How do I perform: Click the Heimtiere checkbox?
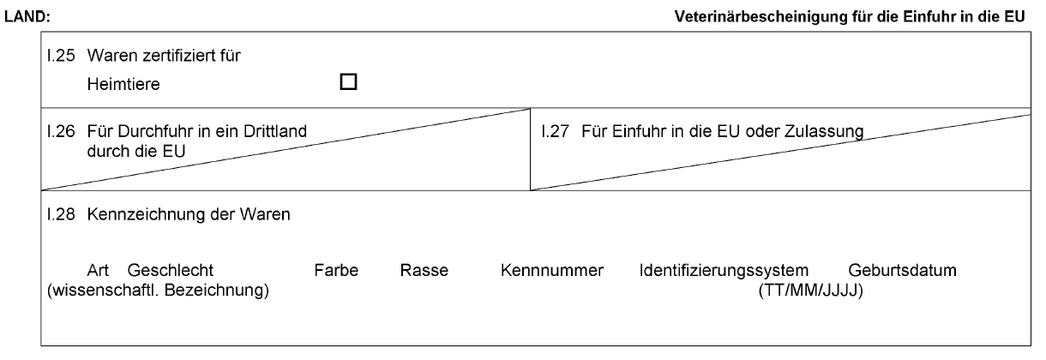click(x=348, y=82)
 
